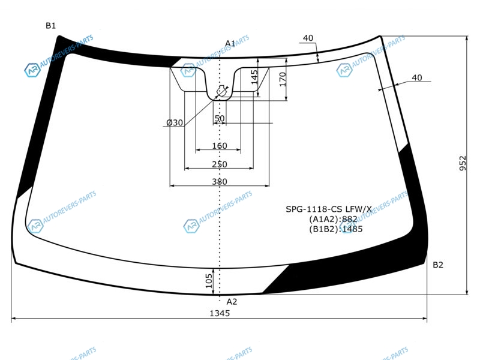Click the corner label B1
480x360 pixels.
(51, 26)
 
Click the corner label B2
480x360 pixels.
(438, 265)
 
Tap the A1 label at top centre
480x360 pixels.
(230, 43)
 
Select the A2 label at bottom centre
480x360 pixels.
(232, 302)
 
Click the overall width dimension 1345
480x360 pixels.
(220, 313)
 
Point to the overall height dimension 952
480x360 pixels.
(463, 163)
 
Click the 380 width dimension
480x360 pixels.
(220, 182)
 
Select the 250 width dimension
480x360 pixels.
(220, 164)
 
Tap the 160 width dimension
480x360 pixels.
(220, 146)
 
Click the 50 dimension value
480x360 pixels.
(220, 118)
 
